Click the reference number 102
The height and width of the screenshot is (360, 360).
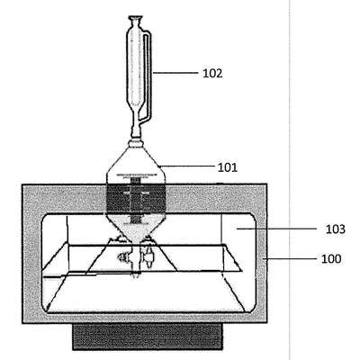[212, 73]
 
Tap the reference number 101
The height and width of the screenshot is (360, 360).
[228, 167]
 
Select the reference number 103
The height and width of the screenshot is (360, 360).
[336, 229]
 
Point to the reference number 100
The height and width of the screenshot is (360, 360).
[331, 258]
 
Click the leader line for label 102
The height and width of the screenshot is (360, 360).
[175, 72]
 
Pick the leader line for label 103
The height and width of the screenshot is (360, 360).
[276, 229]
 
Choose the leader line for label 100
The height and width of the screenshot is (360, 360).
[289, 258]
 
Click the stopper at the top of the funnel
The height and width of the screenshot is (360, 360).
[136, 20]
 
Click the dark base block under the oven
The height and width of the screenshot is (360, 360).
[148, 337]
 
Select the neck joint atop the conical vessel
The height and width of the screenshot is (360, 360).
[136, 143]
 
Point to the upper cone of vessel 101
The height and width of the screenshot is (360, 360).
[136, 162]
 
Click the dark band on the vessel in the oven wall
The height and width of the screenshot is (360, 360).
[136, 198]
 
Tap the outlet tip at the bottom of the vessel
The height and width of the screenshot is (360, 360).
[136, 274]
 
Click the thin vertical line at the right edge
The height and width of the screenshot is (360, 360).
[290, 180]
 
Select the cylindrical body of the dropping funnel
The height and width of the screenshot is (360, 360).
[133, 69]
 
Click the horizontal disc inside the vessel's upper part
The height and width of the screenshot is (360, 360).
[136, 175]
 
